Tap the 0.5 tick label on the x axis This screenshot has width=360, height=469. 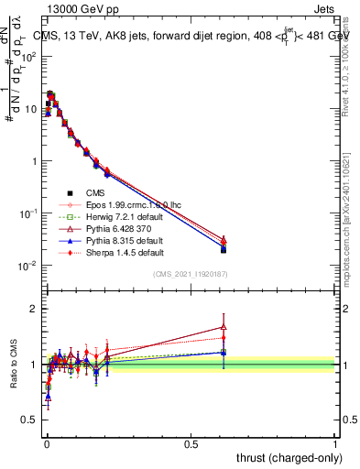[191, 443]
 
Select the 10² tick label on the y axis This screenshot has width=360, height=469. [27, 57]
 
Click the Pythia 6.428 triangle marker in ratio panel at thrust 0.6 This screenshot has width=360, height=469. [224, 326]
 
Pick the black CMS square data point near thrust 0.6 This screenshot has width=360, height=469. [224, 249]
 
